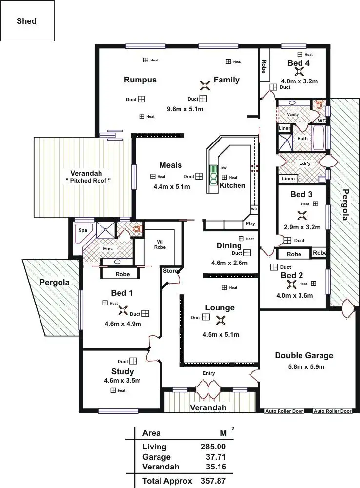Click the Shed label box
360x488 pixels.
click(27, 21)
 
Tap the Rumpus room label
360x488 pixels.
click(140, 80)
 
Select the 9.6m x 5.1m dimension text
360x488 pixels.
click(185, 109)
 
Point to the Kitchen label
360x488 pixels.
click(232, 185)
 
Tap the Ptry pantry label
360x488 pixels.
click(250, 224)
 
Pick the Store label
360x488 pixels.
click(170, 271)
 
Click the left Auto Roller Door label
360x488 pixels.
click(284, 411)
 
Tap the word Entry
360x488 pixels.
click(209, 373)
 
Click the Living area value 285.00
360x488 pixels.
click(213, 447)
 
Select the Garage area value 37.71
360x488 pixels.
click(215, 457)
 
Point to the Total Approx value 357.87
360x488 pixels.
click(213, 481)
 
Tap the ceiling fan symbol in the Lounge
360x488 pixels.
click(221, 320)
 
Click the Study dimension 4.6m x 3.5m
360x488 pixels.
click(122, 381)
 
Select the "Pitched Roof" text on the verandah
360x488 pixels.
click(88, 180)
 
